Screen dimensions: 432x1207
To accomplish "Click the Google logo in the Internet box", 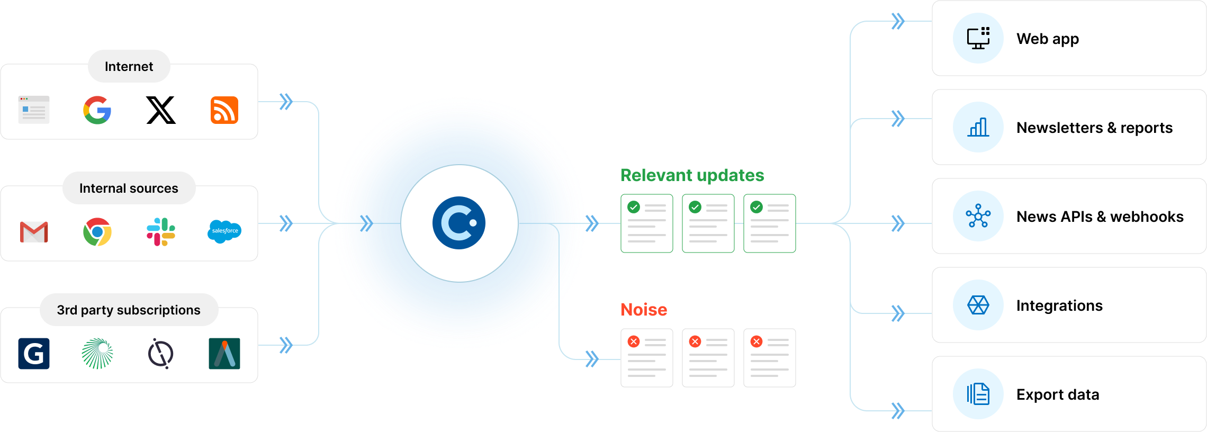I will (97, 110).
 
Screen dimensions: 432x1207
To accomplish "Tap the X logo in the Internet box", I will (161, 110).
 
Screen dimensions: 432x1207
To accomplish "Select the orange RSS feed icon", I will (224, 110).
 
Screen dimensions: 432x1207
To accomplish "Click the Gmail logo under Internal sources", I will (34, 232).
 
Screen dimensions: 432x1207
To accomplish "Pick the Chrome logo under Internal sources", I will (97, 232).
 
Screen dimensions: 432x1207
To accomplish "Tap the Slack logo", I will (161, 232).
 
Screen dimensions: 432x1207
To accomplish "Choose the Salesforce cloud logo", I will (224, 231).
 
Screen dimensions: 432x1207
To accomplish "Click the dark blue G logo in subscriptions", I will (34, 353).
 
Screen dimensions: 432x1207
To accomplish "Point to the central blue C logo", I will (459, 223).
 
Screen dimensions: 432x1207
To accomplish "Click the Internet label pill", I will (129, 66).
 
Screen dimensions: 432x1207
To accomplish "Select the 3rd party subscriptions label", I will (129, 310).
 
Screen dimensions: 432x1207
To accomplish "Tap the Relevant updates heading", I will (692, 175).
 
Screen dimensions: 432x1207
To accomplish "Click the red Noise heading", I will (644, 310).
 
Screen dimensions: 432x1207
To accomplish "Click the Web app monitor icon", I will (978, 38).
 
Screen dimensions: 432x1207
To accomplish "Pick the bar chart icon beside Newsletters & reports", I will (978, 127).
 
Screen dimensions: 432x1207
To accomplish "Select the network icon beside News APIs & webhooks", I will (978, 216).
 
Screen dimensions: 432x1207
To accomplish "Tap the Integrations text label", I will (1059, 305).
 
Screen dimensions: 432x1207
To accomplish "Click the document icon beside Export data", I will (978, 394).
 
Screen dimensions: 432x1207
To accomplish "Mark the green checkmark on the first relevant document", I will (634, 207).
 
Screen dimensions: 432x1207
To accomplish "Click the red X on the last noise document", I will (756, 341).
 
